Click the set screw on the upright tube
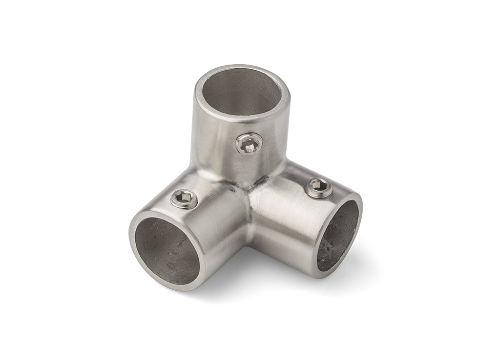tap(249, 144)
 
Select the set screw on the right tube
tap(319, 188)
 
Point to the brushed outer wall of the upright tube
tap(215, 138)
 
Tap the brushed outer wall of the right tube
tap(282, 215)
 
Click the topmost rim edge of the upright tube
tap(241, 66)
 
